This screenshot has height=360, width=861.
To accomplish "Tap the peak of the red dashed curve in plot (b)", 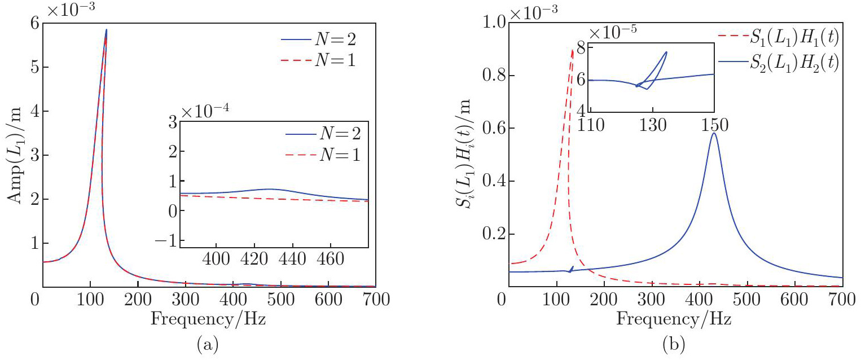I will click(x=573, y=50).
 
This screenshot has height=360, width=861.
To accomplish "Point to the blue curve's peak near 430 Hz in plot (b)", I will click(x=714, y=133).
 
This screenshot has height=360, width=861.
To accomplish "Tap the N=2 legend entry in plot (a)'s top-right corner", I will click(x=336, y=40).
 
